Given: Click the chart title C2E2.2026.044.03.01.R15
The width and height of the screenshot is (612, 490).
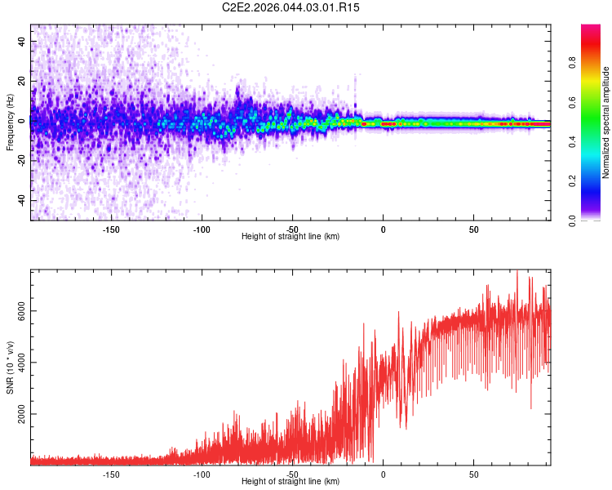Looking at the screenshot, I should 291,7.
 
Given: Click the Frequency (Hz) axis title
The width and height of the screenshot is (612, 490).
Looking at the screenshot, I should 10,122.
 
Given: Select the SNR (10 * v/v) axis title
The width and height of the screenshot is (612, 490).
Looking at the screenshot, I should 10,367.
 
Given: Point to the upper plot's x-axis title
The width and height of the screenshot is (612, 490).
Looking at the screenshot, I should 291,236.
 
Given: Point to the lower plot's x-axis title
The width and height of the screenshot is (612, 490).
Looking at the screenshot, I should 291,481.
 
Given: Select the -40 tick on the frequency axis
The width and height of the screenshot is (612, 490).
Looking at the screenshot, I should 22,200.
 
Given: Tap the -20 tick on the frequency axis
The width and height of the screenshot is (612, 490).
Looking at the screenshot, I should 22,160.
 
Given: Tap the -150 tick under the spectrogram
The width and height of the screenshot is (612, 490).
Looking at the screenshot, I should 112,229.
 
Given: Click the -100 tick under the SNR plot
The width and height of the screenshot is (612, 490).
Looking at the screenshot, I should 202,474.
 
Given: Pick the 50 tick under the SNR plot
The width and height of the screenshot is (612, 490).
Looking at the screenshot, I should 474,474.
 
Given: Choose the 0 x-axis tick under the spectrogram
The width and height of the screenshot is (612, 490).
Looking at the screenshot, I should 383,229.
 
